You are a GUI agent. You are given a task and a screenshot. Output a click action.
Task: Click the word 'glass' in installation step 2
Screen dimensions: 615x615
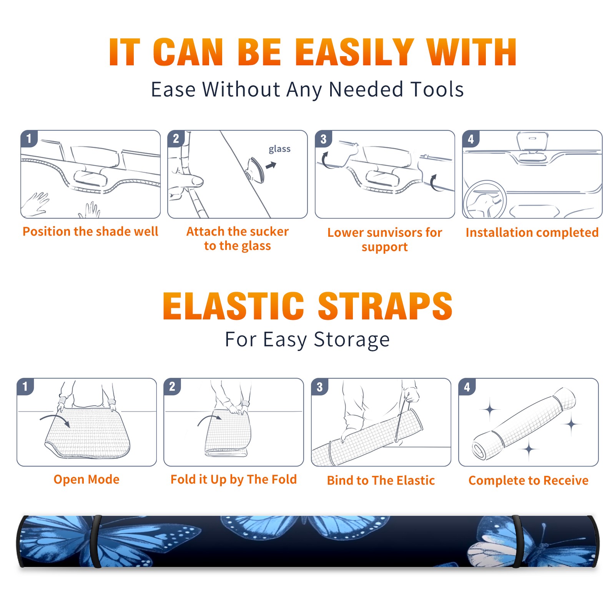pyautogui.click(x=279, y=149)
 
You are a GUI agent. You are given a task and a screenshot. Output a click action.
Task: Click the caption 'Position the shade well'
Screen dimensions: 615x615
pyautogui.click(x=90, y=231)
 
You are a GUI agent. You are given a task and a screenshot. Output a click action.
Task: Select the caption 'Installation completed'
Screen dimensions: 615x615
pyautogui.click(x=532, y=232)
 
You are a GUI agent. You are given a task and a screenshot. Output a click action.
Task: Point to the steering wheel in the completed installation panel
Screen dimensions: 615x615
pyautogui.click(x=485, y=200)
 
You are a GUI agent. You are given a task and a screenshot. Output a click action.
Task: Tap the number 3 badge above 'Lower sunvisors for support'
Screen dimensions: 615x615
pyautogui.click(x=323, y=139)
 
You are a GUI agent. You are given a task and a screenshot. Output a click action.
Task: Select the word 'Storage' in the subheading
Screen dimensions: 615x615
pyautogui.click(x=352, y=340)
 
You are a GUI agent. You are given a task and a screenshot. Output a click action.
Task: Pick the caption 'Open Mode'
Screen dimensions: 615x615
pyautogui.click(x=86, y=479)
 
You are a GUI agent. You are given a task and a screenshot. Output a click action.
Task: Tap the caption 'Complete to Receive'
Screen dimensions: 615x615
pyautogui.click(x=529, y=480)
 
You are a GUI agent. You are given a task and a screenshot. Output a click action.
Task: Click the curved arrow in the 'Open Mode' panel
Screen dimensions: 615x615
pyautogui.click(x=55, y=418)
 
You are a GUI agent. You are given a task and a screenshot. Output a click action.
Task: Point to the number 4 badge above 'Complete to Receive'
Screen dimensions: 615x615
pyautogui.click(x=467, y=387)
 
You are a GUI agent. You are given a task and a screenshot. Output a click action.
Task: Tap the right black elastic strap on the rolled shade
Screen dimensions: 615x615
pyautogui.click(x=517, y=541)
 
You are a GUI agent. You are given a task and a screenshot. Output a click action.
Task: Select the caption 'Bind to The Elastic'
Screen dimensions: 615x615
pyautogui.click(x=381, y=480)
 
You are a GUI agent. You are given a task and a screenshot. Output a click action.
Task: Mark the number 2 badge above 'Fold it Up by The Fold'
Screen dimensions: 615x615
pyautogui.click(x=172, y=387)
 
